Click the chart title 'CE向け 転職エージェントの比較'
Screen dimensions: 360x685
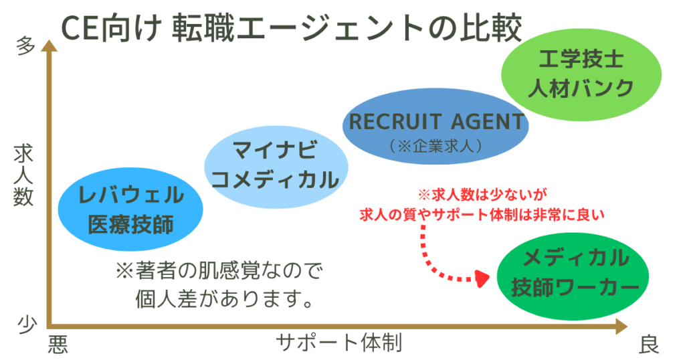click(x=291, y=29)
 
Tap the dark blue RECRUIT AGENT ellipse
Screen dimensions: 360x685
click(x=435, y=131)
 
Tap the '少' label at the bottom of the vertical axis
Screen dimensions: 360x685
click(x=25, y=323)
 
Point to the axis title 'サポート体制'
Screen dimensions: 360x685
click(x=339, y=343)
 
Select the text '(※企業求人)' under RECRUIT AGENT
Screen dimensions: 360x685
click(x=435, y=144)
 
